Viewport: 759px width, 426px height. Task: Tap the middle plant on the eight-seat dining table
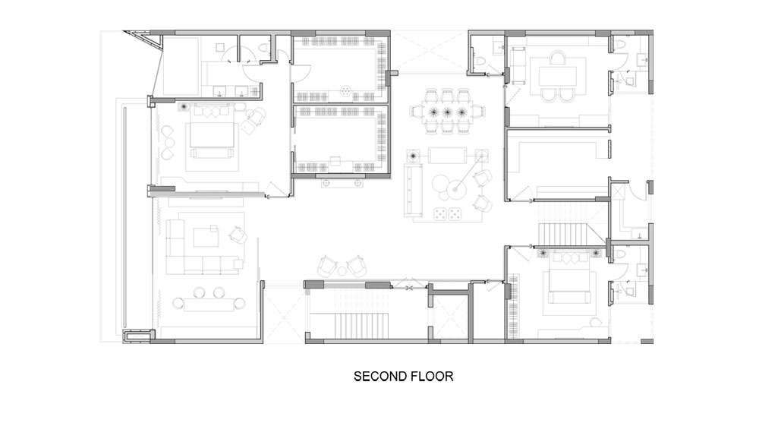coord(448,112)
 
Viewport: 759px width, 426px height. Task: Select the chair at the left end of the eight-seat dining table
coord(416,112)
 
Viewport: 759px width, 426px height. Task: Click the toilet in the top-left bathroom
coord(264,49)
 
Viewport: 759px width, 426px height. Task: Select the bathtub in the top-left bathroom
coord(181,66)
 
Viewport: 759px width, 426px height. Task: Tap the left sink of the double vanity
coord(221,91)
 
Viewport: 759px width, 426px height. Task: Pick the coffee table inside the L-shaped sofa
coord(206,237)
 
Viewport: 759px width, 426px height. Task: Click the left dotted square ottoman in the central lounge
coord(440,213)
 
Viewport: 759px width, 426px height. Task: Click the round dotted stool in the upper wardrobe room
coord(345,90)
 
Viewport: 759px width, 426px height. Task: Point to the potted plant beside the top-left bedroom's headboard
coord(184,106)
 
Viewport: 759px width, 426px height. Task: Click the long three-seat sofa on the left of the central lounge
coord(413,189)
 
